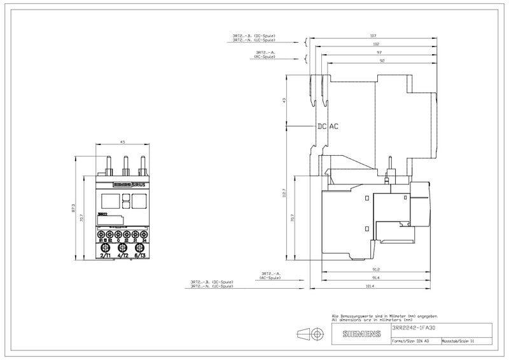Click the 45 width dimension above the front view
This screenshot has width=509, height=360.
tap(122, 142)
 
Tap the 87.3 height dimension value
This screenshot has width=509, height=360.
tap(74, 207)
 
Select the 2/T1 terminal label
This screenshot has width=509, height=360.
tap(106, 255)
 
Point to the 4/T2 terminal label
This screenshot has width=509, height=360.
tap(123, 255)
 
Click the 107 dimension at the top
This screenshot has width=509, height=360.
tap(373, 35)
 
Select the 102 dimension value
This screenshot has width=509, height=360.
tap(377, 43)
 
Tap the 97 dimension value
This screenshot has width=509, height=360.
tap(379, 52)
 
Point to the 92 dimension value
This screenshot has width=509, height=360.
tap(382, 61)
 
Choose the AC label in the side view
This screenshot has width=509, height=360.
tap(333, 127)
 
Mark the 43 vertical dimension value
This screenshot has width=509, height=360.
tap(284, 100)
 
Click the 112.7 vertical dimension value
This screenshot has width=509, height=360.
tap(284, 192)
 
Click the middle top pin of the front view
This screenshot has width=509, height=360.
tap(125, 163)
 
